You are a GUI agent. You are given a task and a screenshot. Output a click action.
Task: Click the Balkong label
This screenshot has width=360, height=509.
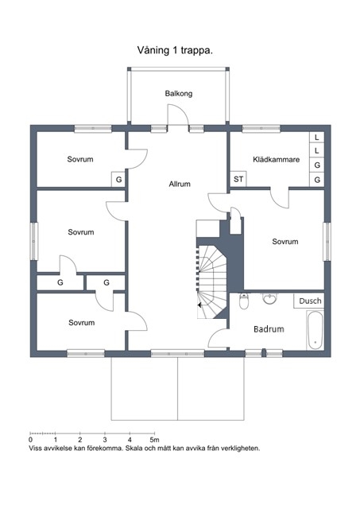click(x=178, y=94)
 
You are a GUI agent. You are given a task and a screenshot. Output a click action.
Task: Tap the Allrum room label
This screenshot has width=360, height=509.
click(x=180, y=184)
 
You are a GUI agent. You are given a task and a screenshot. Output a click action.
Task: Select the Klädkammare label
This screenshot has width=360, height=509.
click(x=276, y=159)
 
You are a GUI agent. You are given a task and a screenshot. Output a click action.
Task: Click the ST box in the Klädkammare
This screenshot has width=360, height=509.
click(x=238, y=179)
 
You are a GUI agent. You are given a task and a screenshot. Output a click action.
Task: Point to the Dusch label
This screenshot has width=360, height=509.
click(x=310, y=301)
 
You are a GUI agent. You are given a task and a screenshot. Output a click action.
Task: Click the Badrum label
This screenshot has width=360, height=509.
click(x=269, y=329)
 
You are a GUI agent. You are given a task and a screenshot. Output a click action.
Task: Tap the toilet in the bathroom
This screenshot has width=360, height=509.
click(x=243, y=301)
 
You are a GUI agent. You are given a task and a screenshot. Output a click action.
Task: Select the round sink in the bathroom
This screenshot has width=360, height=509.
click(x=270, y=298)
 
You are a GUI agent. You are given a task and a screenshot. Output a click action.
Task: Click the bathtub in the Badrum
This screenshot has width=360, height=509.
click(x=315, y=330)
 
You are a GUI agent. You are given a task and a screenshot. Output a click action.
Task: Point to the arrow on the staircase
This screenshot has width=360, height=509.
click(x=199, y=305)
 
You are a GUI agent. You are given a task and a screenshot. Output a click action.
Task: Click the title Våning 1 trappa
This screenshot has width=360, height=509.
click(x=175, y=51)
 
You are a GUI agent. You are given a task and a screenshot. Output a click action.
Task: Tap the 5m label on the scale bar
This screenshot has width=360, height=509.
click(x=155, y=440)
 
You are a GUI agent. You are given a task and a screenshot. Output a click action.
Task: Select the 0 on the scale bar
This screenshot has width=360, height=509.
click(x=30, y=440)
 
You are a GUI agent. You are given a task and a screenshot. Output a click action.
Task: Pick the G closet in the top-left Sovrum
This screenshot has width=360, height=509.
click(x=118, y=180)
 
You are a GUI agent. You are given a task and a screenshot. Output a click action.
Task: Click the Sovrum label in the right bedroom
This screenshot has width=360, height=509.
click(x=285, y=242)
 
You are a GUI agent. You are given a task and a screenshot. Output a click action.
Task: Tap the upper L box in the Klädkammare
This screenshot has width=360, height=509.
click(x=317, y=137)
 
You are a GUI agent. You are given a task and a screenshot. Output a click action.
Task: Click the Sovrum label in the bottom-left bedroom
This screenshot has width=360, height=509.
click(x=81, y=323)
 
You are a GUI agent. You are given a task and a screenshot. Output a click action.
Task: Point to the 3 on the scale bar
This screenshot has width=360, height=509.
click(x=105, y=440)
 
